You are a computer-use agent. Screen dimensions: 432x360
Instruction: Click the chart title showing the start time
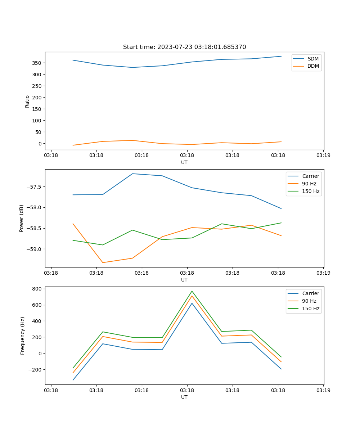coord(184,47)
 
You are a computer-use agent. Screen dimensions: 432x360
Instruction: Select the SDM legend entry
coord(313,59)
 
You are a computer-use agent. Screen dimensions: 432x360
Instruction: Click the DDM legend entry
coord(313,66)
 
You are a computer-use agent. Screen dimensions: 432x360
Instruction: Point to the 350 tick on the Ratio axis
coord(37,63)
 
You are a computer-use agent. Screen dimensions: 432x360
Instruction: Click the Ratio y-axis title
coord(27,101)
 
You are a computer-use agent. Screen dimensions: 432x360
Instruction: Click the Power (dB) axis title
coord(22,218)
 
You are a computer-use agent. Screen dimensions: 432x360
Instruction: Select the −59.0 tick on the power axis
coord(33,249)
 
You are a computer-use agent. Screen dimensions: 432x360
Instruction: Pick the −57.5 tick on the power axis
coord(33,187)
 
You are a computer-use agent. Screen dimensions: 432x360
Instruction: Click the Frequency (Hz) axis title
coord(23,336)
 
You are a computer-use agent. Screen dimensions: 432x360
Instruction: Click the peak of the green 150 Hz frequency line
coord(192,291)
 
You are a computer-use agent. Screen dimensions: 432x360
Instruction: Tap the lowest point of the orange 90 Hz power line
coord(103,262)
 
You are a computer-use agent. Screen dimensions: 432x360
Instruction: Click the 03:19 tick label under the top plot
coord(323,156)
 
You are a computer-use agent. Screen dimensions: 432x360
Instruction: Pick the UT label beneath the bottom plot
coord(184,397)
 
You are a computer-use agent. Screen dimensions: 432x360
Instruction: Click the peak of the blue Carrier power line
coord(132,174)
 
